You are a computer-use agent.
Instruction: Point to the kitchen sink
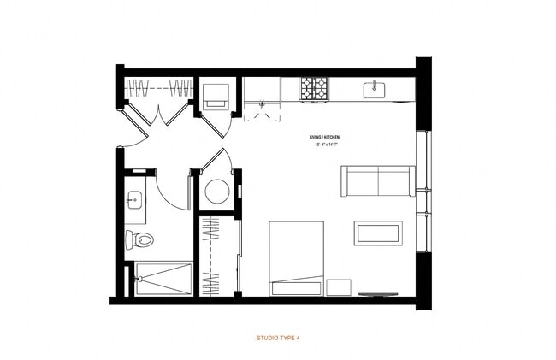coord(376,88)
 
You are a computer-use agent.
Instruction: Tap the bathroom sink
coord(133,200)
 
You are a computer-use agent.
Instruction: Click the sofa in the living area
coord(376,180)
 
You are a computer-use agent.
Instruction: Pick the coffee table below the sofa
coord(378,233)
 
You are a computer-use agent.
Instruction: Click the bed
coord(297,257)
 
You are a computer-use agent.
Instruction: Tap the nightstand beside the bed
coord(339,286)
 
